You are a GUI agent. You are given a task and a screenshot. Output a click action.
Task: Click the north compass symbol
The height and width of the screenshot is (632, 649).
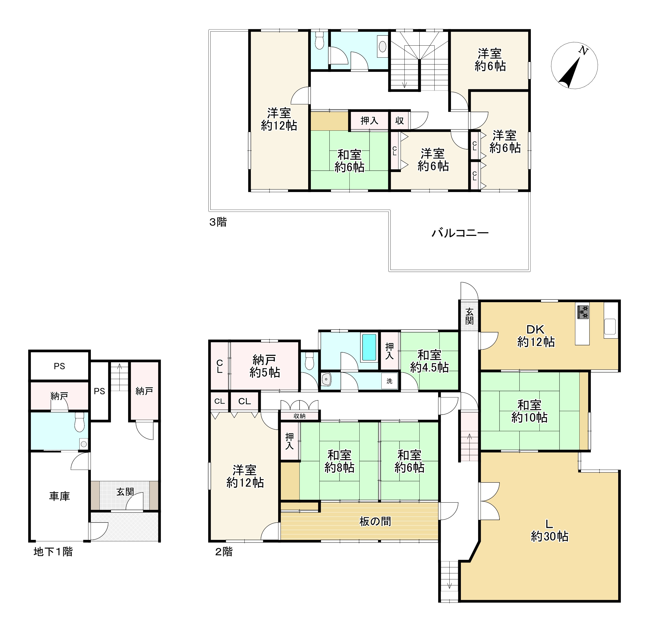[x=575, y=66]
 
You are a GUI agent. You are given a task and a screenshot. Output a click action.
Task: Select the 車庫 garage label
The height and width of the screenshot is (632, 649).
[x=60, y=496]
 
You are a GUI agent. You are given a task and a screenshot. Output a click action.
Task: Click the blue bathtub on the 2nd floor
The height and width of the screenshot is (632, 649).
[x=369, y=347]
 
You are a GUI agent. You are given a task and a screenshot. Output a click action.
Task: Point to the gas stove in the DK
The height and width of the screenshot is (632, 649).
[x=583, y=312]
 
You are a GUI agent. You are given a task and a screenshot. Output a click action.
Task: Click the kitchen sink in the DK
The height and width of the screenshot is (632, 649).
[x=610, y=326]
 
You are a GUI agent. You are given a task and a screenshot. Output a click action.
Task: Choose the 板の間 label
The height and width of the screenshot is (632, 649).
[x=375, y=521]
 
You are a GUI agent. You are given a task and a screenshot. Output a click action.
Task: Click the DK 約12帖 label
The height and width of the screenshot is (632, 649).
[x=536, y=335]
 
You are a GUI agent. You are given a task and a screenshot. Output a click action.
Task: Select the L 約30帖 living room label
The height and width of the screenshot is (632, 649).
[x=550, y=531]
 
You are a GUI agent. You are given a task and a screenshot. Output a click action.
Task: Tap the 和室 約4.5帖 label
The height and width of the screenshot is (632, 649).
[x=429, y=361]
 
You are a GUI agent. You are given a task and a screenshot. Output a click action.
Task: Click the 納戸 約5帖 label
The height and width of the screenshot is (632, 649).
[x=264, y=366]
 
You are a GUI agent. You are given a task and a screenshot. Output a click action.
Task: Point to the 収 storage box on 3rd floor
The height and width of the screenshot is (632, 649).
[x=400, y=121]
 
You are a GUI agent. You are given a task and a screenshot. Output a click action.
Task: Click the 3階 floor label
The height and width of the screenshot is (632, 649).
[x=218, y=222]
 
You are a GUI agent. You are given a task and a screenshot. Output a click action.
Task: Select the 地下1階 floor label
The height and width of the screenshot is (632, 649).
[x=53, y=552]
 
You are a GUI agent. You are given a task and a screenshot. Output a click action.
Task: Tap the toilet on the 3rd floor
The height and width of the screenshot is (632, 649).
[x=319, y=41]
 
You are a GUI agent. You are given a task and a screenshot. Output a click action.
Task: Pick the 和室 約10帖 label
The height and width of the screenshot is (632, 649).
[x=529, y=411]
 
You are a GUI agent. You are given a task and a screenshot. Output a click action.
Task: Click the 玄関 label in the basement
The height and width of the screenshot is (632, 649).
[x=125, y=492]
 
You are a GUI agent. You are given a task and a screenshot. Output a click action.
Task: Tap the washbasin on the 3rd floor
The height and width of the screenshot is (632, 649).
[x=382, y=46]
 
